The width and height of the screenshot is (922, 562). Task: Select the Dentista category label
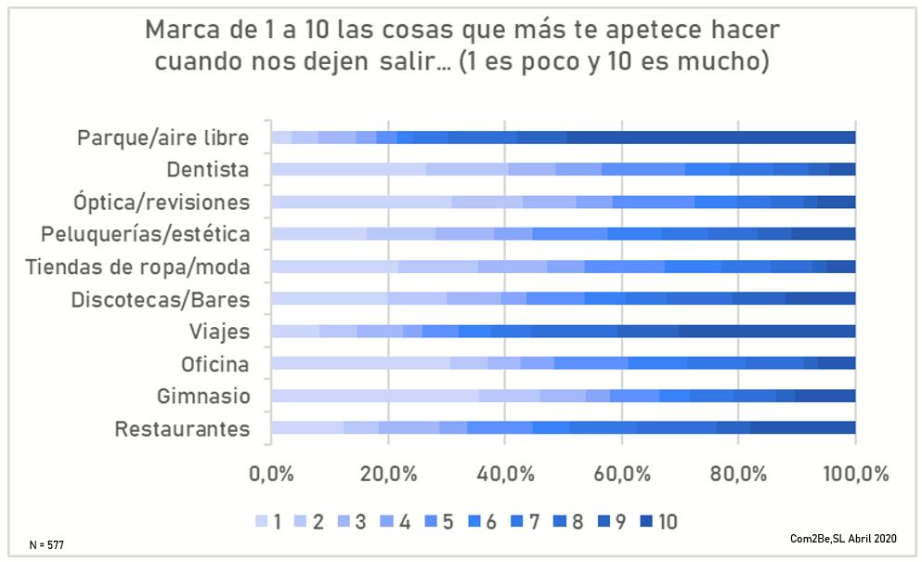click(208, 170)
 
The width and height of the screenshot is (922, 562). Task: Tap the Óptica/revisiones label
click(162, 202)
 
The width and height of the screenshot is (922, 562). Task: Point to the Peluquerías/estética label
click(146, 234)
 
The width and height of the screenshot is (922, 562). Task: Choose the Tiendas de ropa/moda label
click(138, 267)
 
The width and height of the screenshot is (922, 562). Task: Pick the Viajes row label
click(220, 332)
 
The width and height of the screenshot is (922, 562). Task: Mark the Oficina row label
click(216, 364)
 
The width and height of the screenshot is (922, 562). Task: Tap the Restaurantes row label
click(183, 429)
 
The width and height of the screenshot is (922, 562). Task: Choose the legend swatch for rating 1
click(260, 521)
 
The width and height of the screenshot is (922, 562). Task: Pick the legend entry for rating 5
click(440, 521)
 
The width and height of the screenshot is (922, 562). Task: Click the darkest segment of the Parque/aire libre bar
click(710, 137)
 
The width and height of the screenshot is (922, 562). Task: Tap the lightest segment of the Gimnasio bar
click(375, 397)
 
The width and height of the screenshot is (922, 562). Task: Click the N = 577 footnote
click(45, 542)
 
